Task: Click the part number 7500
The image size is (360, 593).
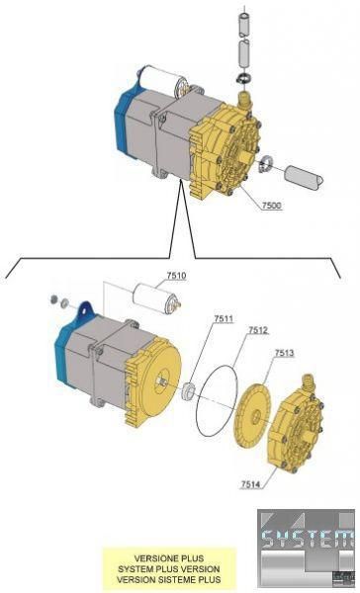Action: pyautogui.click(x=271, y=206)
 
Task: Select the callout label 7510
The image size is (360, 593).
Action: pyautogui.click(x=176, y=276)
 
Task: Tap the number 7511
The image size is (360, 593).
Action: pyautogui.click(x=224, y=319)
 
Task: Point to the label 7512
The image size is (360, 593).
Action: pyautogui.click(x=258, y=330)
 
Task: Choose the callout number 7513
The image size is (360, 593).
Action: pyautogui.click(x=284, y=353)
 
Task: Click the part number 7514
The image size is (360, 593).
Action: pyautogui.click(x=250, y=484)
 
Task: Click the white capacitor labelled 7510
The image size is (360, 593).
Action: pyautogui.click(x=156, y=298)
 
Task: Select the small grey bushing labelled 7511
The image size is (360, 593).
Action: pyautogui.click(x=187, y=390)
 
